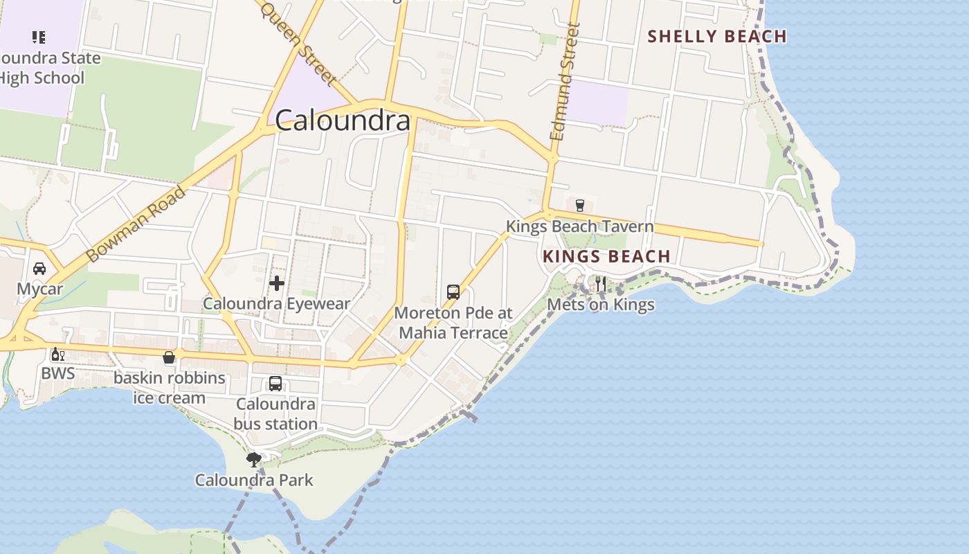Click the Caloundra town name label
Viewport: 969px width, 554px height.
(x=343, y=121)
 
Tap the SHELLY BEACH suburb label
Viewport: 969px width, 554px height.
(x=717, y=37)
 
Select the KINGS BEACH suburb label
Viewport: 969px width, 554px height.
(x=606, y=256)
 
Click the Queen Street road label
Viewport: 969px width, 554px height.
(x=298, y=44)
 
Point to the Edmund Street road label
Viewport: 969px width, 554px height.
(x=565, y=82)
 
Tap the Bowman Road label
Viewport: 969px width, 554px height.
(x=136, y=224)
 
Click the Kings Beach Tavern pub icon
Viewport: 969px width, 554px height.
(x=580, y=205)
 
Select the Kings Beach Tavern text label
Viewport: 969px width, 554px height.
(x=579, y=226)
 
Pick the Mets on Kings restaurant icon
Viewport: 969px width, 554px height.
(x=601, y=284)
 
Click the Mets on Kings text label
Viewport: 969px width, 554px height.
(x=601, y=305)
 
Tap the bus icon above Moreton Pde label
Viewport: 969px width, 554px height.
(x=453, y=292)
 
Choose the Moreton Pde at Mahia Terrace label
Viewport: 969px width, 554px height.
(x=453, y=323)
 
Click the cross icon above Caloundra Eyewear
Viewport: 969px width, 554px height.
(x=277, y=283)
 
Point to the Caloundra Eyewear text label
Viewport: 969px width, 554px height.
(x=276, y=303)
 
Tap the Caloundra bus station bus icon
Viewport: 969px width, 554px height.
(x=275, y=384)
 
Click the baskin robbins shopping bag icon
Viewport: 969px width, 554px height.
(x=169, y=357)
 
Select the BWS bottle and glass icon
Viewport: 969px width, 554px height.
(x=57, y=355)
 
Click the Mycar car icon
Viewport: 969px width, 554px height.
(x=39, y=269)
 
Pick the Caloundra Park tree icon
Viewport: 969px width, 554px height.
(x=254, y=458)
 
